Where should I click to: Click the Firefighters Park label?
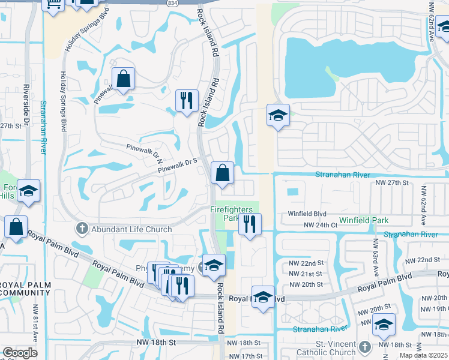[x=234, y=214]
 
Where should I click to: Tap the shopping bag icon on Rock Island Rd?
[x=222, y=173]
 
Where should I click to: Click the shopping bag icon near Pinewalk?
[x=123, y=79]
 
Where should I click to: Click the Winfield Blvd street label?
[x=307, y=214]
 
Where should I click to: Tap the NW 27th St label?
[x=391, y=182]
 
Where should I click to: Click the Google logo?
[x=20, y=353]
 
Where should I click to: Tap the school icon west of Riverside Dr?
[x=28, y=191]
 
